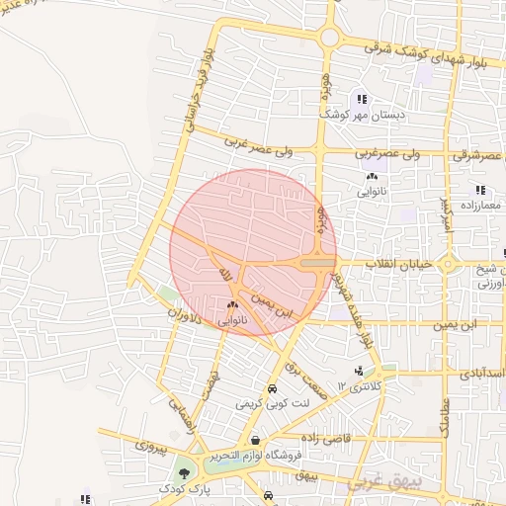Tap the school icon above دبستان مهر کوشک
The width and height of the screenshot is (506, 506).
pyautogui.click(x=363, y=99)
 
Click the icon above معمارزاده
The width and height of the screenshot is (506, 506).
pyautogui.click(x=480, y=190)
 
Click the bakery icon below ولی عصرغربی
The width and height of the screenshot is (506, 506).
pyautogui.click(x=371, y=177)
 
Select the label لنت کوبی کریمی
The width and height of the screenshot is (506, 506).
pyautogui.click(x=273, y=404)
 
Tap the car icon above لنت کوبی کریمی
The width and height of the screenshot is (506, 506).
pyautogui.click(x=273, y=389)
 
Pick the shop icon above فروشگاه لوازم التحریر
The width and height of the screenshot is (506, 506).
pyautogui.click(x=256, y=441)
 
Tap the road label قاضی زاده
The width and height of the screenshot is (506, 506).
pyautogui.click(x=335, y=436)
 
